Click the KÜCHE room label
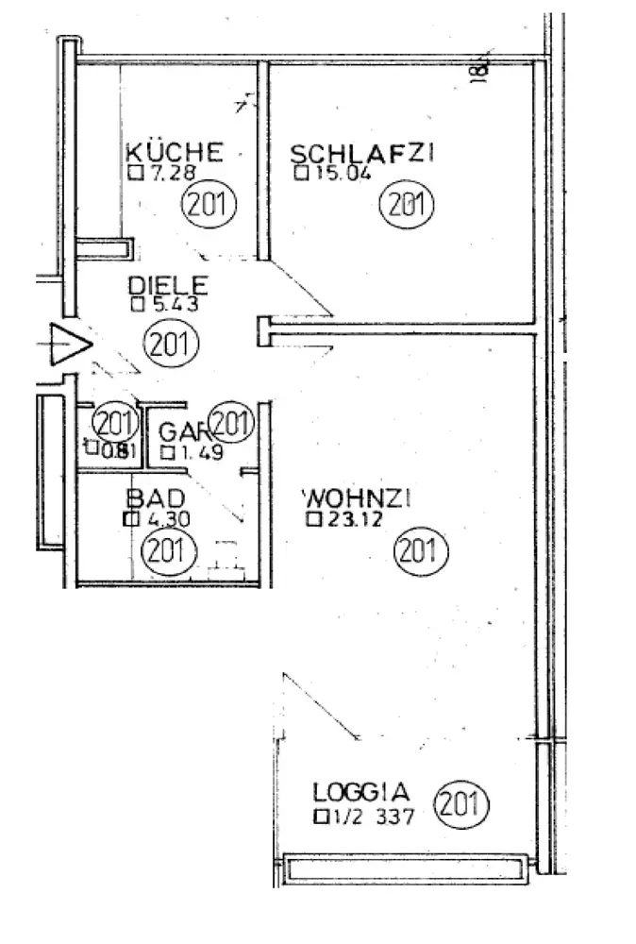click(x=175, y=152)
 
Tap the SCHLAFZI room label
click(x=360, y=153)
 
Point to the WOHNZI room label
click(x=354, y=497)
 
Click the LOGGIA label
click(x=361, y=791)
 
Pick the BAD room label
click(x=154, y=497)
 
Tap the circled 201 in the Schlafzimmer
click(x=404, y=204)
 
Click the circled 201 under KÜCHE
click(x=208, y=204)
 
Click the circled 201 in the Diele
click(x=170, y=341)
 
